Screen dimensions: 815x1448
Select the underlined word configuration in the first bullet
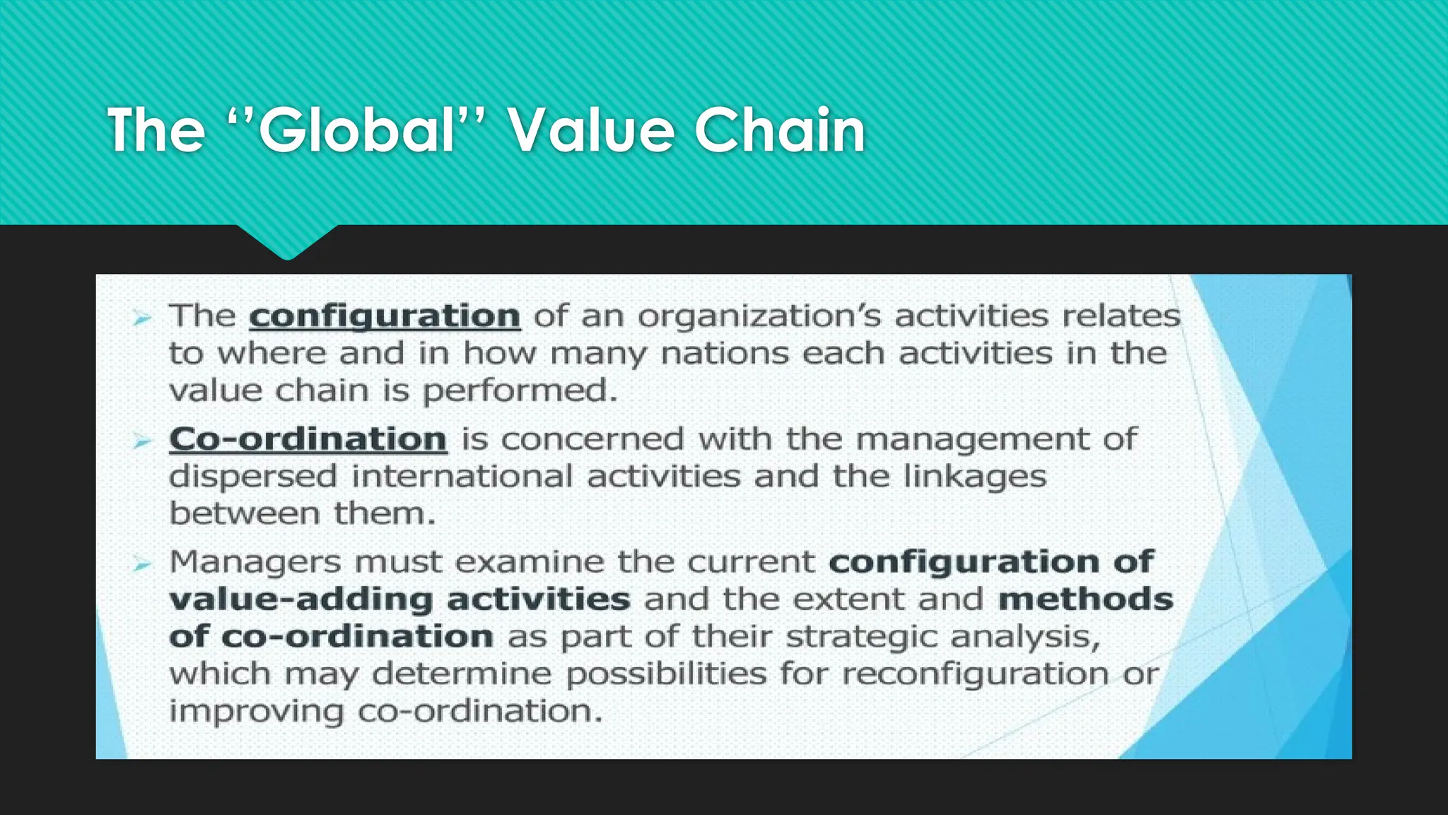click(385, 316)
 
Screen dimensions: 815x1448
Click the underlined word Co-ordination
click(308, 439)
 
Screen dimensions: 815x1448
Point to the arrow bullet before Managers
click(142, 565)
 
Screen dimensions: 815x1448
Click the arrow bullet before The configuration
click(142, 319)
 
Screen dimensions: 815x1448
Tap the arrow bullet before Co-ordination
click(142, 442)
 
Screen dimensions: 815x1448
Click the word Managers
click(255, 563)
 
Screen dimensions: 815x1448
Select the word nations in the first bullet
click(724, 353)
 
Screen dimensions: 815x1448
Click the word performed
click(520, 391)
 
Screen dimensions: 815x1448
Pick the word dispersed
click(252, 476)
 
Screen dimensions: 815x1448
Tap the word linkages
click(975, 476)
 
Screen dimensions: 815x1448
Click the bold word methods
click(1085, 600)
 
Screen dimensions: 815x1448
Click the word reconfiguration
click(975, 674)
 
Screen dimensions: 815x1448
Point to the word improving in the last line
click(256, 711)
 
